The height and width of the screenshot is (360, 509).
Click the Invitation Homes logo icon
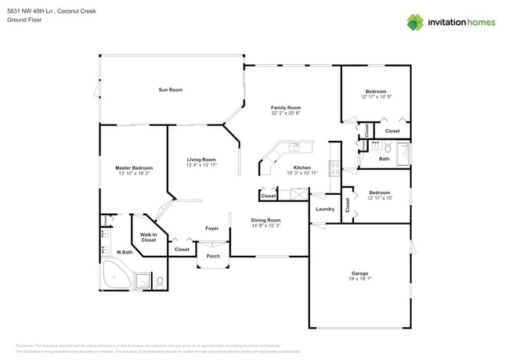coord(416,22)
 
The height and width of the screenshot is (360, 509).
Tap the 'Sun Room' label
coord(170,90)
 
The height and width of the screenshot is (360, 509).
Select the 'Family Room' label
coord(286,107)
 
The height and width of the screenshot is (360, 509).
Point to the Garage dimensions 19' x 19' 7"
coord(359,279)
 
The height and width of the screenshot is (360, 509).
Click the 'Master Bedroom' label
coord(134,167)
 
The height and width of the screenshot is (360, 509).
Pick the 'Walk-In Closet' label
coord(150,237)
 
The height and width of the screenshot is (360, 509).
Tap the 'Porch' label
coord(212,256)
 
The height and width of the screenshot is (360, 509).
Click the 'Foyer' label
coord(211,229)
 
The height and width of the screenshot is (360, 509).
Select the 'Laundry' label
coord(325,209)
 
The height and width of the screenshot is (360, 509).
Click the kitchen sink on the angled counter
coord(294,146)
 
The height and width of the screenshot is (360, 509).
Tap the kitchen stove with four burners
coord(334,166)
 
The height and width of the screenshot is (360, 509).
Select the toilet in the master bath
coord(160,281)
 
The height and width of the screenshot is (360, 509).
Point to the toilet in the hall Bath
coord(375,146)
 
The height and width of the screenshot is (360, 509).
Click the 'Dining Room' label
coord(265,220)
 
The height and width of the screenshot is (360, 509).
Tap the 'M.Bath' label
coord(124,252)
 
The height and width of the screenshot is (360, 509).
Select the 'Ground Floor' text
coord(23,20)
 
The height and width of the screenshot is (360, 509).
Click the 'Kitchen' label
coord(302,167)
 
